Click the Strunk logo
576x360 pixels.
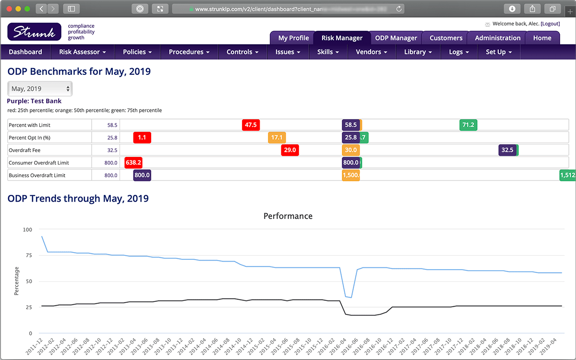tap(34, 32)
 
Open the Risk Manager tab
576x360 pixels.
tap(342, 38)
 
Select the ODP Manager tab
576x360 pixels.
tap(396, 38)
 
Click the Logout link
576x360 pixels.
tap(550, 24)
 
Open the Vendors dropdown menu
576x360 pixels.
tap(371, 52)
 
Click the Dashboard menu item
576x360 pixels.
tap(25, 52)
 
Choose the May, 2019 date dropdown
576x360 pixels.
tap(40, 89)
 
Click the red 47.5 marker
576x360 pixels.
tap(251, 125)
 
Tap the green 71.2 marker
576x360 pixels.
tap(468, 125)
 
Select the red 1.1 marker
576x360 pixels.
tap(142, 137)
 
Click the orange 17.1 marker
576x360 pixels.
tap(277, 137)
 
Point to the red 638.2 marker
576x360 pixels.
tap(133, 163)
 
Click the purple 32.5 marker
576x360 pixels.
tap(507, 150)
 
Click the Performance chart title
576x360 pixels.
tap(288, 216)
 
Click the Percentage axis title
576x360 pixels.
tap(17, 281)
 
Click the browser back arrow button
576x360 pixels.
tap(42, 9)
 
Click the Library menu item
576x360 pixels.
tap(418, 52)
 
